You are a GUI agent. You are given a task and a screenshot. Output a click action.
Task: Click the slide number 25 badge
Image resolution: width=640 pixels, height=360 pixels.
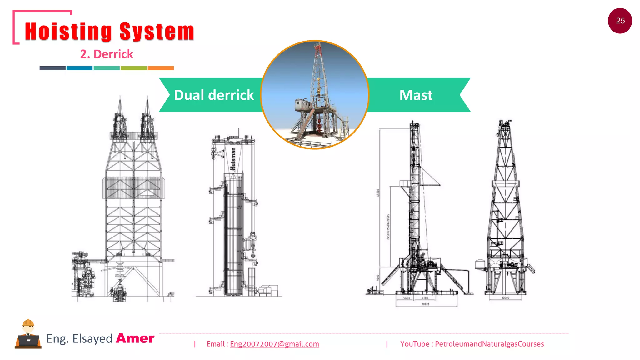click(620, 21)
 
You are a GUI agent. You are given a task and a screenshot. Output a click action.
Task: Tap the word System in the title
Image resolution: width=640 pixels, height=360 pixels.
click(157, 32)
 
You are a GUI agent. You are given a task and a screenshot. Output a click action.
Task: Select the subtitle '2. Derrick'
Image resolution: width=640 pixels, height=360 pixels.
click(107, 54)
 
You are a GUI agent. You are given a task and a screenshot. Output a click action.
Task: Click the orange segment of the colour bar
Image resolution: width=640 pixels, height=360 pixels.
click(161, 68)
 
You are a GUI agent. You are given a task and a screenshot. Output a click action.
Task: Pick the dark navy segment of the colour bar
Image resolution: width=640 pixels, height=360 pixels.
click(52, 68)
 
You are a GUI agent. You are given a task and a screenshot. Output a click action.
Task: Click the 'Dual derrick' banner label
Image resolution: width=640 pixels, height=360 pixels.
click(214, 95)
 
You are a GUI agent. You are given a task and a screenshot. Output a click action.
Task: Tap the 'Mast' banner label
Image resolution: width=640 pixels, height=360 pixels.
click(416, 95)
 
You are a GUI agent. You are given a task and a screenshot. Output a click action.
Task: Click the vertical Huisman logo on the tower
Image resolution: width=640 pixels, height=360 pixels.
click(233, 159)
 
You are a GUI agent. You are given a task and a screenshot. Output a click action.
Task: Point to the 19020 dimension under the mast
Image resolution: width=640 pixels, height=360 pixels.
click(425, 304)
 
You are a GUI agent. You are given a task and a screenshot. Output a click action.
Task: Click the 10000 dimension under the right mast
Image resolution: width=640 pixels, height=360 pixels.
click(505, 298)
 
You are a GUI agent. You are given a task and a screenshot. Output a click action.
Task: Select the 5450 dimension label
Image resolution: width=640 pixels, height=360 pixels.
click(407, 298)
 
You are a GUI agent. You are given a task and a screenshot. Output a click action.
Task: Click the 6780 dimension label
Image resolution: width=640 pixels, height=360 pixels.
click(425, 298)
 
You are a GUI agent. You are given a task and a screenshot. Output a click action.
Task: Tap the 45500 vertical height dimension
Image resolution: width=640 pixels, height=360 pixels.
click(378, 192)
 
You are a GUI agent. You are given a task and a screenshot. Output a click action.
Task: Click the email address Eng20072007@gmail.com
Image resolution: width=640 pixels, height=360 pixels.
click(274, 344)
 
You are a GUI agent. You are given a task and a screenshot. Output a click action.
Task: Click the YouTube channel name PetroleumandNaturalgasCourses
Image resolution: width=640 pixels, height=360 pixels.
click(489, 344)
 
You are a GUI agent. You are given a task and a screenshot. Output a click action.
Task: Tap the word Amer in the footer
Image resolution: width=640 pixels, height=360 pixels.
click(135, 338)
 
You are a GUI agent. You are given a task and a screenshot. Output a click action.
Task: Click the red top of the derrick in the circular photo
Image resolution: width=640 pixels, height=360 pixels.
click(318, 49)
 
